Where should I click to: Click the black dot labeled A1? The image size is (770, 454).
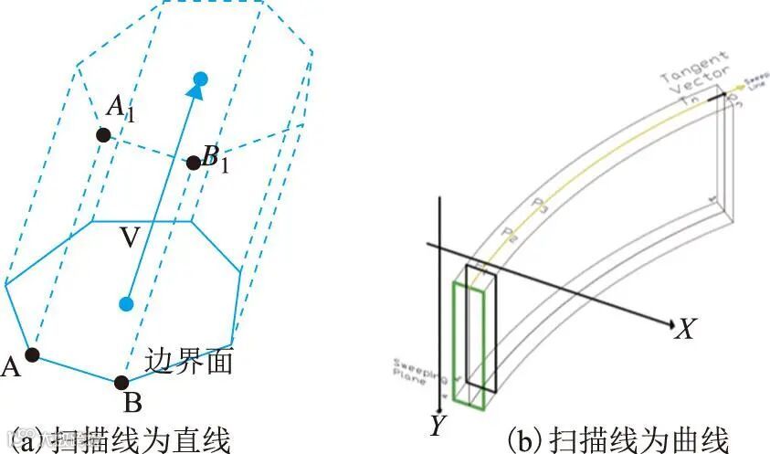103,135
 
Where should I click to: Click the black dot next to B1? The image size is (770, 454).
194,164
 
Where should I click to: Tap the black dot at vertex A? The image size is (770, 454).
33,354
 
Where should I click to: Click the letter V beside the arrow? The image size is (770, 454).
131,238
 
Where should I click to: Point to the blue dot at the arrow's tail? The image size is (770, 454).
127,303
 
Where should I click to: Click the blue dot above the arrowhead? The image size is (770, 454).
202,78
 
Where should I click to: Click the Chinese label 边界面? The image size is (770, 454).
189,361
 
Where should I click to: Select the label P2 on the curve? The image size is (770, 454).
509,232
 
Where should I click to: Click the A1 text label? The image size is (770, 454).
121,108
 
